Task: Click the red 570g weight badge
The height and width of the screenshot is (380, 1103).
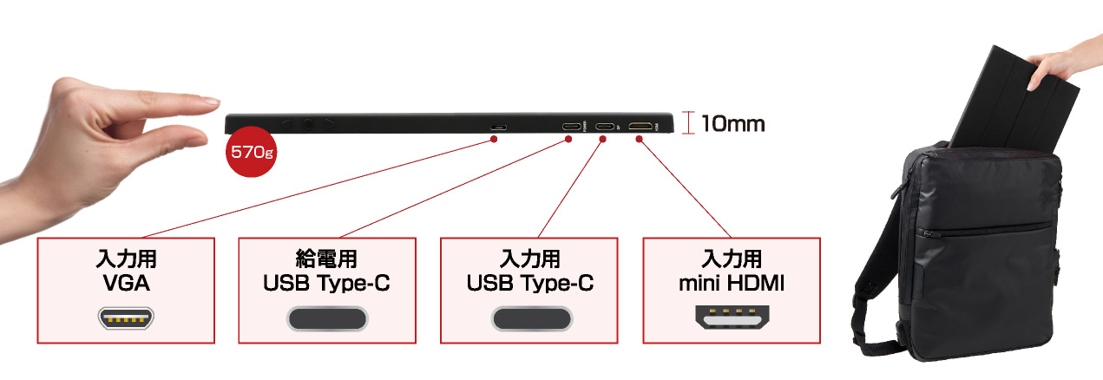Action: tap(252, 153)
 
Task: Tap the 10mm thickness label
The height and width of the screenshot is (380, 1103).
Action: tap(732, 123)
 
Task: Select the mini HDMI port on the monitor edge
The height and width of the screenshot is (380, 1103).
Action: tap(640, 127)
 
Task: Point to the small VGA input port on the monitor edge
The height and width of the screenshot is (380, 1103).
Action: tap(496, 128)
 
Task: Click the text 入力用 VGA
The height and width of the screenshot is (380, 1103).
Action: tap(126, 271)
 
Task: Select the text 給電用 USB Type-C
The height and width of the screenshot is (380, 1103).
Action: tap(326, 271)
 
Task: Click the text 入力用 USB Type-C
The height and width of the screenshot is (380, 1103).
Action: tap(530, 271)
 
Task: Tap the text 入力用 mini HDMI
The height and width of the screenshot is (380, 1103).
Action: tap(731, 271)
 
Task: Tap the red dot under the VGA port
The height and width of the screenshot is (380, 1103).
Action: tap(494, 139)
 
